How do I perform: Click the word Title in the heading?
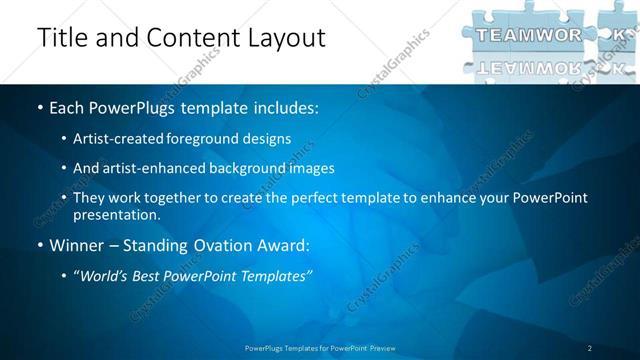62,37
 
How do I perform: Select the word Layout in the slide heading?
283,37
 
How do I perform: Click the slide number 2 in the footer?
590,348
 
